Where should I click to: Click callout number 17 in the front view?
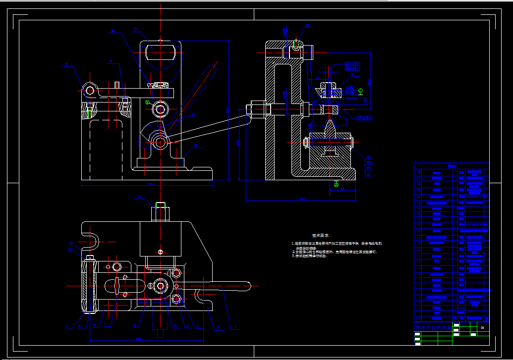tap(135, 30)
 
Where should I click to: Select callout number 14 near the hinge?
tap(66, 65)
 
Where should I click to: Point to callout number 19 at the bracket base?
tap(196, 146)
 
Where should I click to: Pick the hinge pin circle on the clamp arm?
tap(89, 90)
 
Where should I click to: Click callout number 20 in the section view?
tap(307, 25)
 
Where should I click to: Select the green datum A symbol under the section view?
tap(337, 185)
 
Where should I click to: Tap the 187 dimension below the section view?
tap(301, 200)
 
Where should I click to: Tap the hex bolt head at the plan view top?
tap(160, 206)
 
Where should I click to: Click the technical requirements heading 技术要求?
tap(320, 236)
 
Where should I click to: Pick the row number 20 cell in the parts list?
tap(419, 196)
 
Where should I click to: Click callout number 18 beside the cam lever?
tap(193, 114)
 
